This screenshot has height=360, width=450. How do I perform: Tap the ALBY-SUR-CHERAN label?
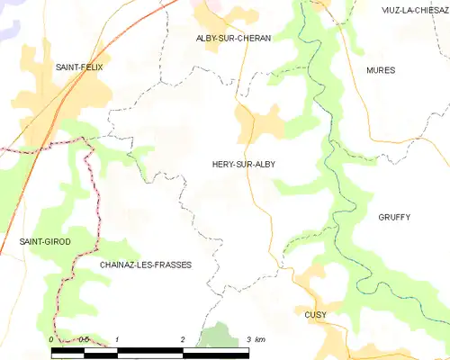[233, 39]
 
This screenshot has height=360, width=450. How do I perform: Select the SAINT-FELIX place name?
[79, 67]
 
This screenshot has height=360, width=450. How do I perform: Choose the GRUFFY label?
[394, 218]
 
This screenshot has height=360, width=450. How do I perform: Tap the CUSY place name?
[315, 315]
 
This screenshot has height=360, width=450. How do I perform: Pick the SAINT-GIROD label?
[45, 242]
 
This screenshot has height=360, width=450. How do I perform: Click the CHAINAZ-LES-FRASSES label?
[146, 265]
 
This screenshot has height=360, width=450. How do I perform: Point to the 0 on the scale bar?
[51, 339]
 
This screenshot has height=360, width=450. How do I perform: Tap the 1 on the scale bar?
[118, 339]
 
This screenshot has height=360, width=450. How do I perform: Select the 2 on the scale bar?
[183, 339]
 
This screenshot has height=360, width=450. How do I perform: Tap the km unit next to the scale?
[260, 339]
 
